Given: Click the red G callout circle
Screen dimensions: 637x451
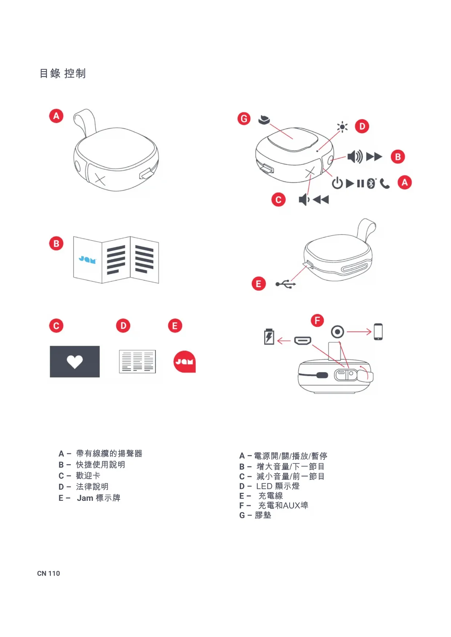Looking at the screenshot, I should (x=244, y=118).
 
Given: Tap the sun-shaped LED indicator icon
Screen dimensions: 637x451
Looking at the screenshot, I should (x=342, y=127).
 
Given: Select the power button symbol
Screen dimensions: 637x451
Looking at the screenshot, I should (x=337, y=183).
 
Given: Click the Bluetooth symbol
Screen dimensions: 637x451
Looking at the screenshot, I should (x=371, y=183).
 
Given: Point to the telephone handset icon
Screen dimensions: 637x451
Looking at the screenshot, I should (x=385, y=184).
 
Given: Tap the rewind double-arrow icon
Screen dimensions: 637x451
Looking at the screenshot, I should (x=321, y=199).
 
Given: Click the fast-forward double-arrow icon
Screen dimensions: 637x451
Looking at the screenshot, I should (x=374, y=157).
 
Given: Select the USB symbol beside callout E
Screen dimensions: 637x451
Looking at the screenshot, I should (x=286, y=284).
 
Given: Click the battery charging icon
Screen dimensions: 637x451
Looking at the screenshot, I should (x=269, y=336).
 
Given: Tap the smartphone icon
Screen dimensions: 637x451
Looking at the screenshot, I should (x=378, y=332).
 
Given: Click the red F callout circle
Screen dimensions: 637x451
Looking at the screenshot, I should (x=317, y=320).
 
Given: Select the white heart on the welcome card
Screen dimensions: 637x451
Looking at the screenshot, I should (x=75, y=361).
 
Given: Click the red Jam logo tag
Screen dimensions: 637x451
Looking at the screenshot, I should (x=185, y=362).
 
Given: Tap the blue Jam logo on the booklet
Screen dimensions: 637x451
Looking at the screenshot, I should (x=87, y=259).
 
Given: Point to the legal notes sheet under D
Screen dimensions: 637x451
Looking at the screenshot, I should (x=137, y=361).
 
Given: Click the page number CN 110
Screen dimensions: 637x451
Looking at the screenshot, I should (x=48, y=573).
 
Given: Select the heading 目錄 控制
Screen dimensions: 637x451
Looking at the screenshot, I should (x=63, y=73).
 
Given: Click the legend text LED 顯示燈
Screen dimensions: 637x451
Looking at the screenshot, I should (x=278, y=486).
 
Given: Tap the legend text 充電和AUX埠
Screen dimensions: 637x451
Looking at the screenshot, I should (x=283, y=506).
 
